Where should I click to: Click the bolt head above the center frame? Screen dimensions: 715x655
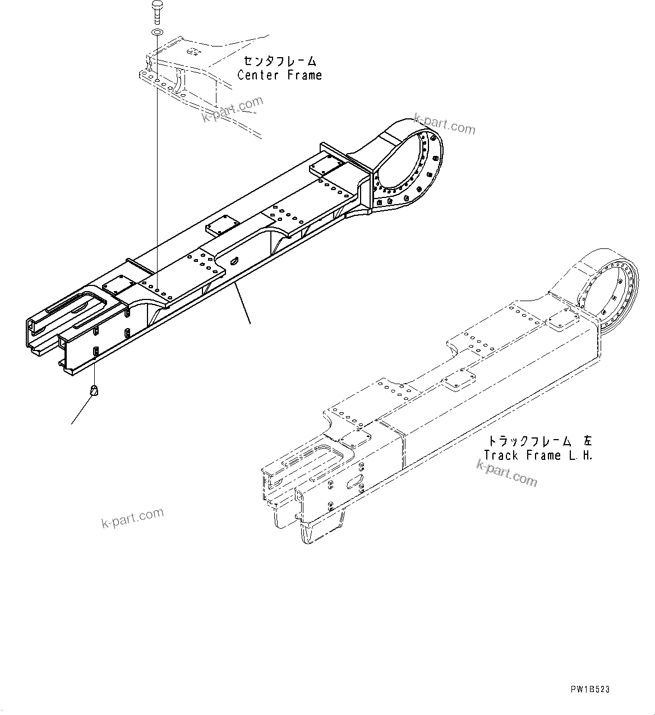(156, 6)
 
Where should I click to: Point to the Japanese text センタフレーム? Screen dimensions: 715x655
(279, 61)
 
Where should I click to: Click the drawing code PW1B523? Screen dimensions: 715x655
(591, 689)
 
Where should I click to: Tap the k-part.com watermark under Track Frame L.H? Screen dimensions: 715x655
(506, 472)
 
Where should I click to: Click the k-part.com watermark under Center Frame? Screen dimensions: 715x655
(233, 109)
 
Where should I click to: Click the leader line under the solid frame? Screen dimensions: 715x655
(242, 303)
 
